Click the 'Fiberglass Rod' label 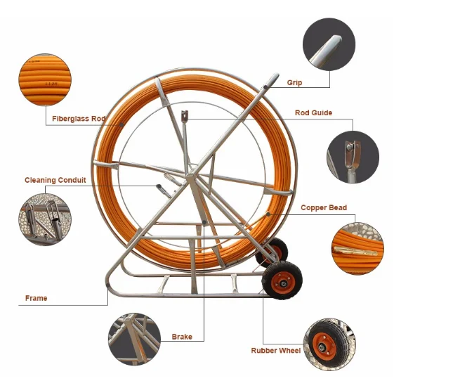click(x=79, y=119)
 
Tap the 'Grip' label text click(x=295, y=83)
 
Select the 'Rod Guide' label click(x=313, y=112)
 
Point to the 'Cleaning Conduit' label click(x=55, y=180)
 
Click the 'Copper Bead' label click(x=324, y=208)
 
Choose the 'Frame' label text click(x=37, y=298)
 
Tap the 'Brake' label click(x=182, y=337)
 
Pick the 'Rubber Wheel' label click(x=276, y=350)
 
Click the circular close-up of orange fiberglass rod click(x=43, y=80)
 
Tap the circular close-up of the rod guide click(x=353, y=157)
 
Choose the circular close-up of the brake click(x=134, y=339)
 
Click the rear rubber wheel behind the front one click(x=274, y=251)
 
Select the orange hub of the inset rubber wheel click(x=324, y=345)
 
